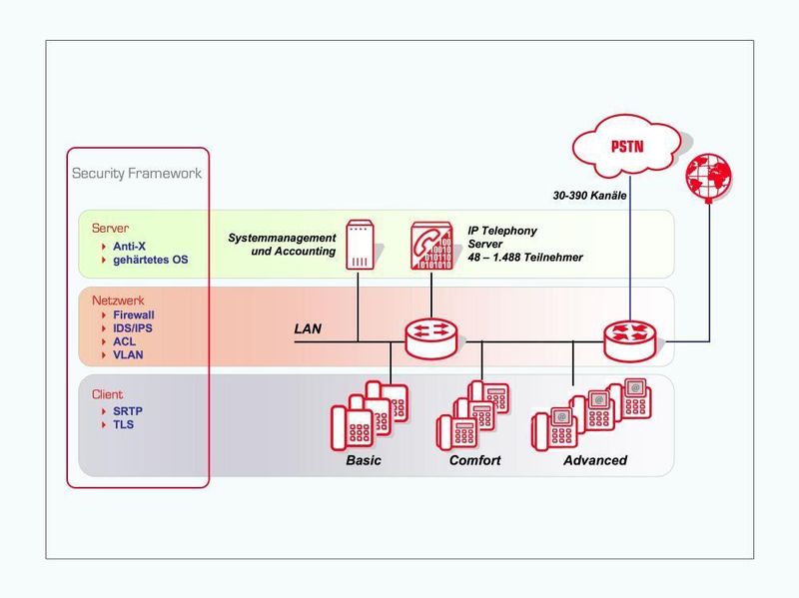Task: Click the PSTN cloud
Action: click(626, 148)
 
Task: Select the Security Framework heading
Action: click(137, 173)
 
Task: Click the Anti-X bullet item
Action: click(129, 246)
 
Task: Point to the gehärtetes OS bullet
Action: click(150, 260)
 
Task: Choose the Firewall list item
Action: click(133, 314)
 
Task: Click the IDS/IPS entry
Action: click(132, 327)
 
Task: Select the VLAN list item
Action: click(128, 354)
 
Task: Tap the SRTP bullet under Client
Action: click(128, 410)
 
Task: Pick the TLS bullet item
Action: click(124, 424)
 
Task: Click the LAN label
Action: click(308, 327)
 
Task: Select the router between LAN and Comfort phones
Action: click(431, 339)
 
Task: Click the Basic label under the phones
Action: click(364, 460)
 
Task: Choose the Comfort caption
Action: click(474, 460)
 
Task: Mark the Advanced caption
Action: click(595, 460)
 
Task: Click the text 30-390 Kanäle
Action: click(589, 196)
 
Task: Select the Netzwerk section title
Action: click(116, 299)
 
